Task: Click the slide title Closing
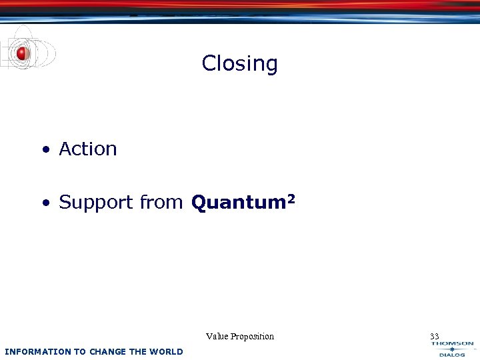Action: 239,63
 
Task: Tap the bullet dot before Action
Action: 45,150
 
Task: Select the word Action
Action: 88,149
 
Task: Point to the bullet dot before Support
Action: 45,203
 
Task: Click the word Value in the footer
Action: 218,336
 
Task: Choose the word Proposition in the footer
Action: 253,336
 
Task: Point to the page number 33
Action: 434,336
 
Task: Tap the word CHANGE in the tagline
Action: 107,351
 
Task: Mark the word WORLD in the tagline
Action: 167,351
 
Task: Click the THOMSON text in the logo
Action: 452,344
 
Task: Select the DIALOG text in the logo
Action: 452,355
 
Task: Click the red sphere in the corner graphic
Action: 22,53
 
